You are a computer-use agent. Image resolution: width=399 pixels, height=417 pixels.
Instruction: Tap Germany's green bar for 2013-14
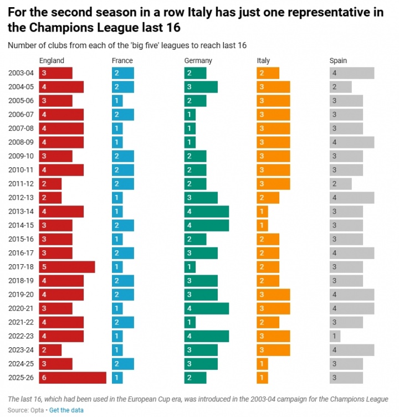click(x=206, y=212)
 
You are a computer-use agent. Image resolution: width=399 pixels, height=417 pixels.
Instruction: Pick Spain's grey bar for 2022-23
click(x=335, y=336)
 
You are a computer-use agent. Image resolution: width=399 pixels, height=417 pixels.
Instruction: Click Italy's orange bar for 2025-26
click(x=262, y=378)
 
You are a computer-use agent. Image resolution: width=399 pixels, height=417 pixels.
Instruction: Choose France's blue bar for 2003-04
click(x=122, y=73)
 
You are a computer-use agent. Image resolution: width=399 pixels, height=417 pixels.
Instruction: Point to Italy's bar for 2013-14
click(x=262, y=212)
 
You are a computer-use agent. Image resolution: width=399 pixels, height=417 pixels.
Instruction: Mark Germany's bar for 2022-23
click(x=206, y=336)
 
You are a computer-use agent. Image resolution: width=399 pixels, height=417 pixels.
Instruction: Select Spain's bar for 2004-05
click(x=340, y=87)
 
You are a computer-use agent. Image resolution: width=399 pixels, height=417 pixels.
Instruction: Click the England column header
click(x=52, y=61)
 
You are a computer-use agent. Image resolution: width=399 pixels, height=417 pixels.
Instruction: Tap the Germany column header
click(x=198, y=61)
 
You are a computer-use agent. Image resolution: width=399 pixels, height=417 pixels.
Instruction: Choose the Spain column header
click(x=338, y=61)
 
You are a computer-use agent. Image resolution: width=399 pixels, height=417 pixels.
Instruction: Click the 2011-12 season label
click(x=21, y=184)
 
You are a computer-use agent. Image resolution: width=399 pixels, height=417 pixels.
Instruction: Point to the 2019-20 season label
click(x=21, y=295)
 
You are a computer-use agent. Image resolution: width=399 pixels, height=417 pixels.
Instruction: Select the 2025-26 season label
click(x=21, y=378)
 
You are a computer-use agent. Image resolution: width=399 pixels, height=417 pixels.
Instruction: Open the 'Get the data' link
click(x=66, y=410)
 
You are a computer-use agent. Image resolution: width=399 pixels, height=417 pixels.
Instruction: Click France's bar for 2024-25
click(x=122, y=364)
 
